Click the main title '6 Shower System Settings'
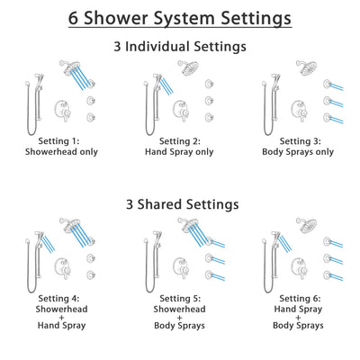click(x=180, y=18)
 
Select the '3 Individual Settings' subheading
click(x=180, y=46)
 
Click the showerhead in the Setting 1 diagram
click(x=67, y=67)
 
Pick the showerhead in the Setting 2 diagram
click(x=186, y=67)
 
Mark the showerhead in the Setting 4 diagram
click(x=67, y=223)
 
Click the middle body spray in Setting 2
click(x=209, y=102)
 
